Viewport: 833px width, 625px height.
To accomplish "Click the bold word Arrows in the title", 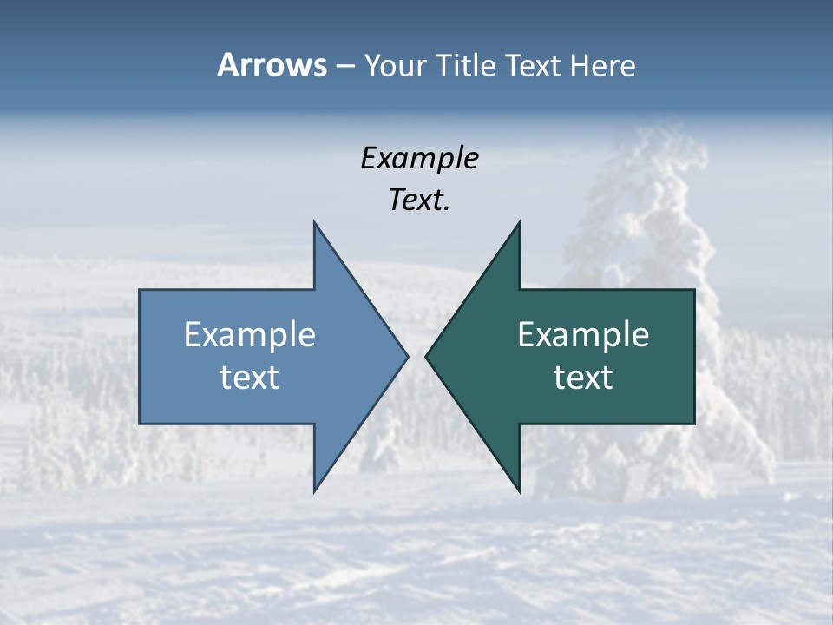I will (x=272, y=65).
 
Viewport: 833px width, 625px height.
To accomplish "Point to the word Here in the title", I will (x=602, y=65).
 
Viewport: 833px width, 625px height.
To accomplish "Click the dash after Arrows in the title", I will (x=344, y=66).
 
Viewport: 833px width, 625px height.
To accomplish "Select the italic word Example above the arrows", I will (x=419, y=159).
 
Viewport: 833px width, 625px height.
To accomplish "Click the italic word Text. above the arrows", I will (x=419, y=201).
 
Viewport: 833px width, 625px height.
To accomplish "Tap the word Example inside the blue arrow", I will (x=250, y=334).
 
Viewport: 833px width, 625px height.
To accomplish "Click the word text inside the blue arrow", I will (x=250, y=378).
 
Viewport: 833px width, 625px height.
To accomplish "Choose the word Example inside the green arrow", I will (x=583, y=334).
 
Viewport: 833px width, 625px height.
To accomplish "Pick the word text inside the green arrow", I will (x=583, y=378).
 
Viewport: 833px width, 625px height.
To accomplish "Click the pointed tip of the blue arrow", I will (x=407, y=356).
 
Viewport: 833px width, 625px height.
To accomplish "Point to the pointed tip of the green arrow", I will (x=427, y=356).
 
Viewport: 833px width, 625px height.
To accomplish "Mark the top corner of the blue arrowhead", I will (x=315, y=222).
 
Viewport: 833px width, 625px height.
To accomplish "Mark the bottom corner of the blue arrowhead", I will (x=315, y=491).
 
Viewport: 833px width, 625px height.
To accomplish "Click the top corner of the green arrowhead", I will (x=519, y=222).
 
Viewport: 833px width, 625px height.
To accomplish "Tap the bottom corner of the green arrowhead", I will (x=519, y=491).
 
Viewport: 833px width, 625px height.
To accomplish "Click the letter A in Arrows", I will (x=227, y=65).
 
